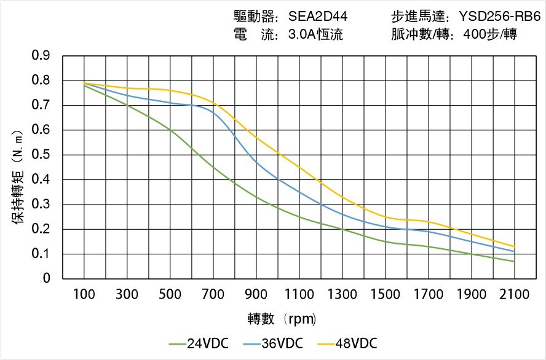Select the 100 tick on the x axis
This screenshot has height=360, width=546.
[84, 294]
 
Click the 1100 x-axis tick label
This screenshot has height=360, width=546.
[299, 294]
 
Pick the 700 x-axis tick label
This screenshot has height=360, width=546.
[213, 294]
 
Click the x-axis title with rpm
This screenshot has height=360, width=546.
[282, 319]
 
